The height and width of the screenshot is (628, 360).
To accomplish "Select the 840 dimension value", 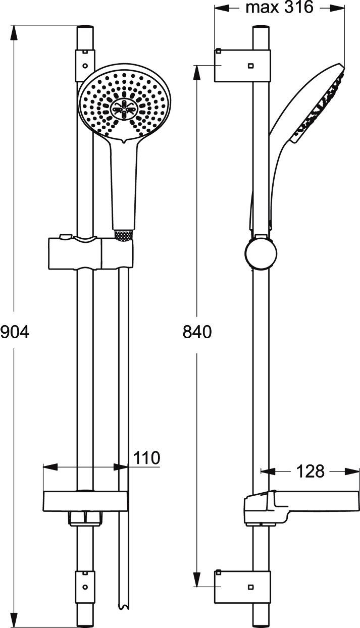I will pyautogui.click(x=196, y=332).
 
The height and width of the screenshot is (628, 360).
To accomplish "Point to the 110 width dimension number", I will pyautogui.click(x=146, y=458).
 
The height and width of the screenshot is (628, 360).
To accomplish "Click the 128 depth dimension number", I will pyautogui.click(x=309, y=471).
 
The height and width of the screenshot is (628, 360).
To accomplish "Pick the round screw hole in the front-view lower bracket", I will pyautogui.click(x=85, y=587).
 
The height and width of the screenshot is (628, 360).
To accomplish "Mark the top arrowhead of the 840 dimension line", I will pyautogui.click(x=196, y=71).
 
